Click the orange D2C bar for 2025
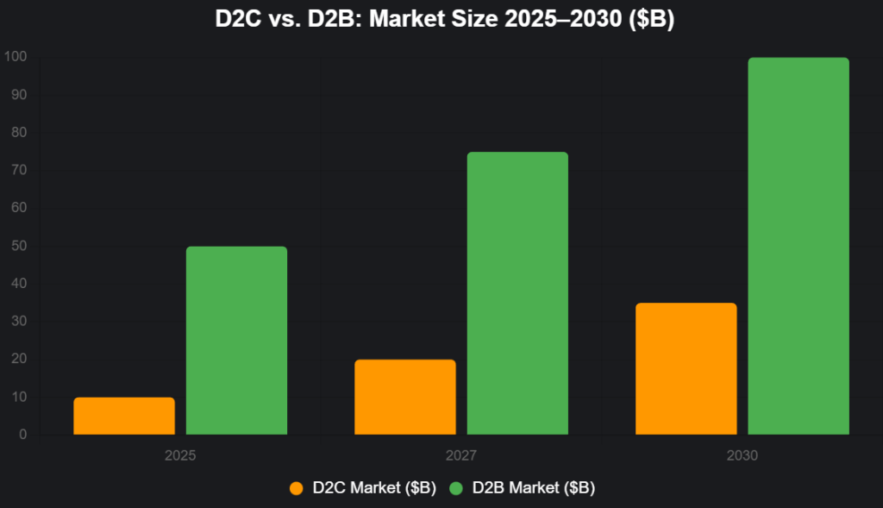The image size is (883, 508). (x=124, y=416)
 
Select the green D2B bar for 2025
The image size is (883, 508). (x=236, y=341)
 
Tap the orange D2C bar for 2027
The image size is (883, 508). (x=405, y=397)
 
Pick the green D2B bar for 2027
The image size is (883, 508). (x=517, y=293)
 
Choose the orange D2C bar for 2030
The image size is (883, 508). (x=686, y=368)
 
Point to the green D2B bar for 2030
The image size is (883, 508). (x=798, y=246)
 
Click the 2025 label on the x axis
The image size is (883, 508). (x=180, y=455)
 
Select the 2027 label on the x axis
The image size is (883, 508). (x=461, y=455)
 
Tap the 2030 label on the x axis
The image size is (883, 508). (x=742, y=455)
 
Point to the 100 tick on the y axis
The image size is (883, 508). (x=16, y=57)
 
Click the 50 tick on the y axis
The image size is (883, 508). (x=19, y=246)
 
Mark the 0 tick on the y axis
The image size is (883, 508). (x=22, y=435)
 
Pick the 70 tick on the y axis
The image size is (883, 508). (x=19, y=170)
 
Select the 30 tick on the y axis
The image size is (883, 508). (x=19, y=322)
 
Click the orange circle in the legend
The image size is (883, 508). (x=297, y=488)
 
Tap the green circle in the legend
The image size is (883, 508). (x=456, y=488)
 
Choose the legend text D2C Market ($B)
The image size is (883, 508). (x=373, y=488)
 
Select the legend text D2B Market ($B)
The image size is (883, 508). (x=533, y=488)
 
